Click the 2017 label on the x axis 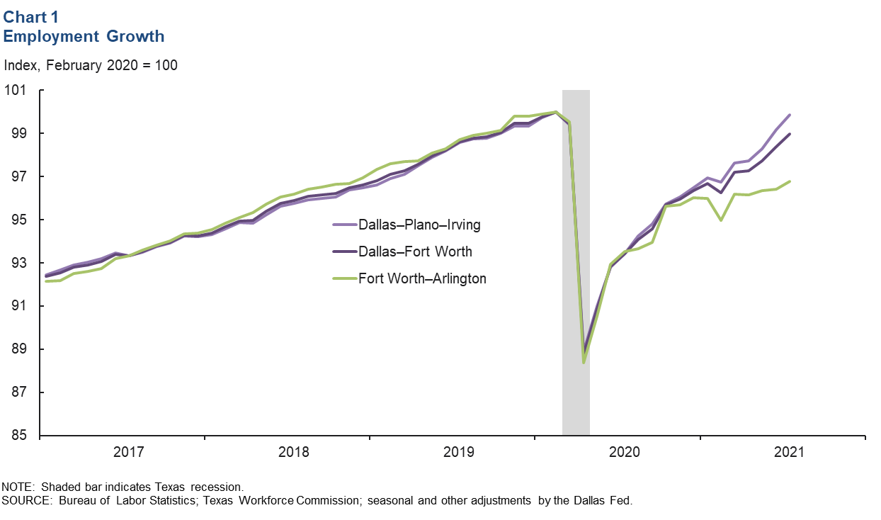129,452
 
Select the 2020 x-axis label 625,452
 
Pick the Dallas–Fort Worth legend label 415,251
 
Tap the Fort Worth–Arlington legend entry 422,278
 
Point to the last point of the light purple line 790,115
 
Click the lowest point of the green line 584,363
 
